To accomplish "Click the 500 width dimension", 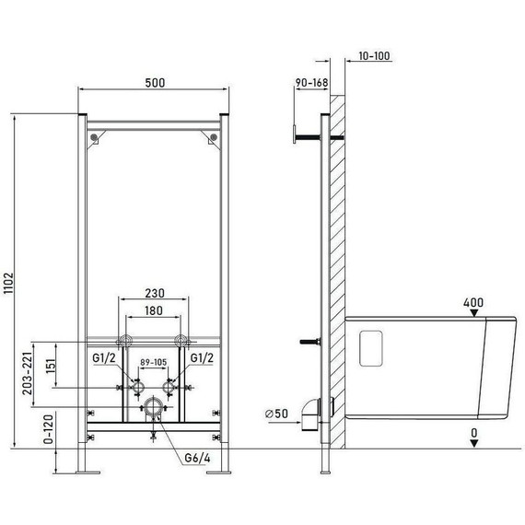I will point(154,83).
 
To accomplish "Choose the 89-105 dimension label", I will point(154,364).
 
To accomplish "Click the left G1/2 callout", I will point(105,356).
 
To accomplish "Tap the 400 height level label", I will point(472,302).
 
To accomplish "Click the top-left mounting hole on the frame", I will point(94,138).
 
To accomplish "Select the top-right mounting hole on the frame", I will point(214,138).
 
